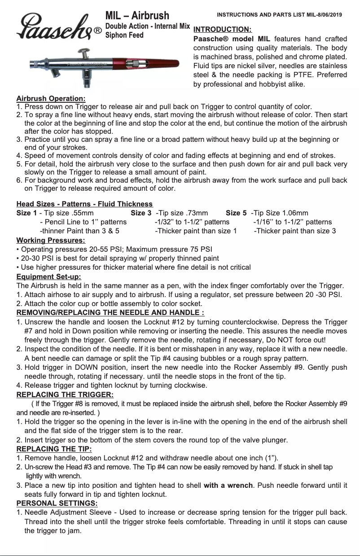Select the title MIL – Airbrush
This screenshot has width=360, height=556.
tap(137, 16)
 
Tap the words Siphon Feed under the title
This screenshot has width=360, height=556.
tap(124, 35)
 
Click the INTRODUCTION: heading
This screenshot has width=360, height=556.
tap(222, 30)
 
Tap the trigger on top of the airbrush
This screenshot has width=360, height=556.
tap(83, 53)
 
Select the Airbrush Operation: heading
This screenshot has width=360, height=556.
tap(51, 98)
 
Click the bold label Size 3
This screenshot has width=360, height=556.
tap(141, 213)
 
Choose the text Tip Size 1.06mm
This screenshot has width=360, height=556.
tap(281, 213)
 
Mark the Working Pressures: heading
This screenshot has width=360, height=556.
tap(50, 241)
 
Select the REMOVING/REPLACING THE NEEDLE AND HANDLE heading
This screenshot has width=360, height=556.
tap(110, 313)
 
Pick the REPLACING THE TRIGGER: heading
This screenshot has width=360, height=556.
tap(65, 394)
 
